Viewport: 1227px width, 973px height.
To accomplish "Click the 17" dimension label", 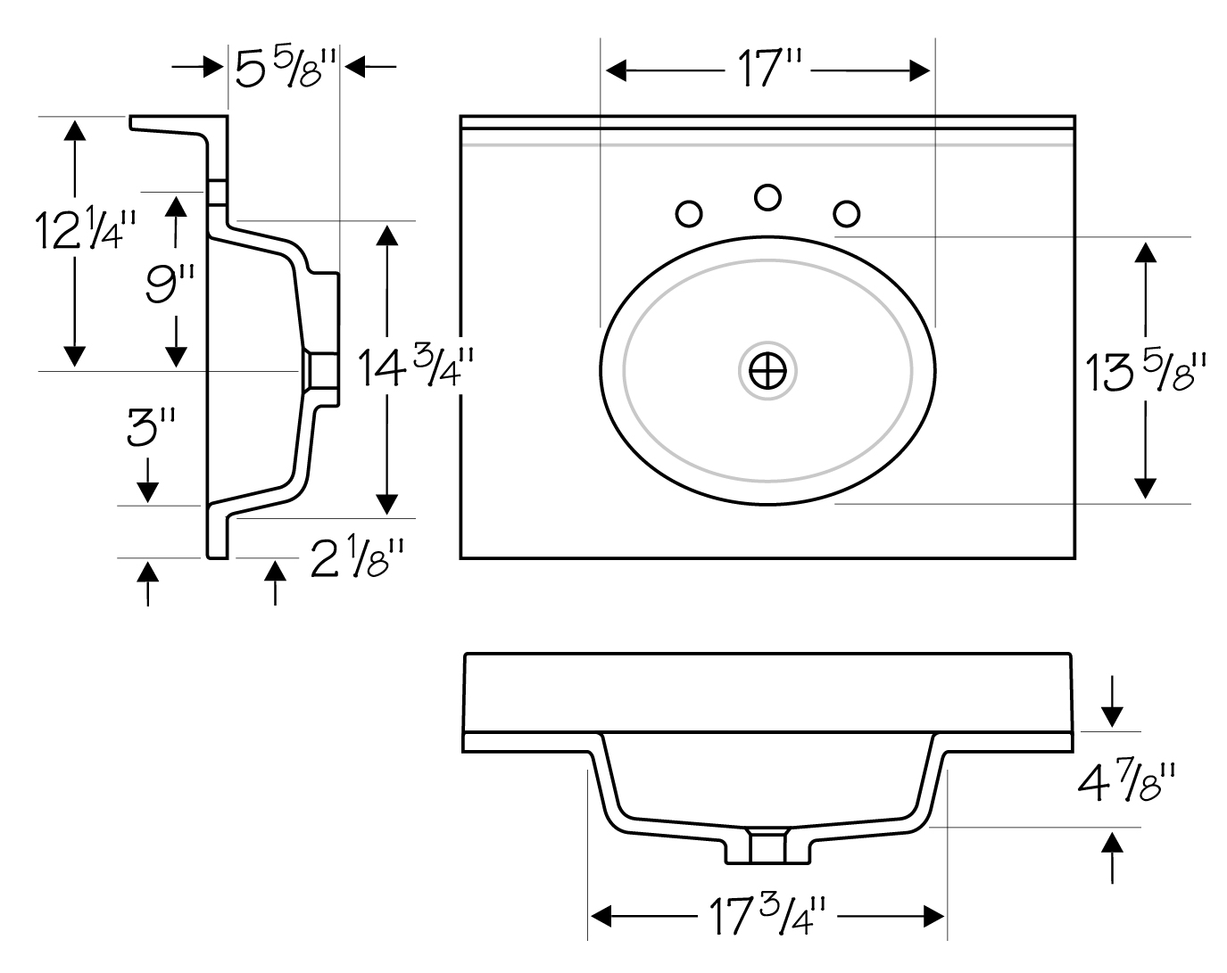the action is tap(770, 69).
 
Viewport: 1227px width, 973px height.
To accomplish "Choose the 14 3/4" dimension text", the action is tap(416, 367).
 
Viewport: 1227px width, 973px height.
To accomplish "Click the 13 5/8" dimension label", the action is tap(1146, 372).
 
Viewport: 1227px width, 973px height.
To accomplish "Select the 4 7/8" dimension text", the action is tap(1126, 782).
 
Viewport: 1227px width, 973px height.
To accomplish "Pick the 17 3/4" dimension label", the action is tap(767, 916).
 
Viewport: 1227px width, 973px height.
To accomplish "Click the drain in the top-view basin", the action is tap(767, 371).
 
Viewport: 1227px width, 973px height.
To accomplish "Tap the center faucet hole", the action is tap(767, 197).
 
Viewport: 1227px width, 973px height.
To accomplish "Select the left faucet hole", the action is tap(689, 214).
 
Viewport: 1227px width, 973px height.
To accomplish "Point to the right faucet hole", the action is tap(846, 214).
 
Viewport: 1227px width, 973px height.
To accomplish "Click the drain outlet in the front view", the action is tap(767, 847).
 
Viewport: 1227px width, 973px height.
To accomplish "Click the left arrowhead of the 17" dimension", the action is tap(616, 70).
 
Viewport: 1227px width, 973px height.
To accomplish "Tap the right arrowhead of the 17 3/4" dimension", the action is tap(933, 917).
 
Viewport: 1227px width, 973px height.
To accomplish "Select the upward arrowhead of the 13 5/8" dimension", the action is tap(1146, 252).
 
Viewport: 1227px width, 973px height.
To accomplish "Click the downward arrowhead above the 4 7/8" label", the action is tap(1112, 717).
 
